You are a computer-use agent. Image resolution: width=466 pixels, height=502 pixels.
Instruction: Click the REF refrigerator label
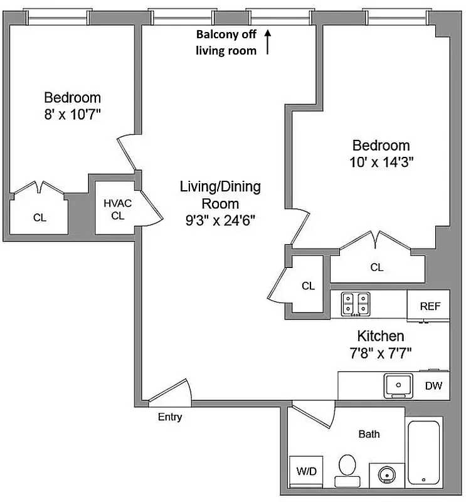tap(430, 306)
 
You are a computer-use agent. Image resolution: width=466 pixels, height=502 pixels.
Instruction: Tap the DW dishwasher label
tap(433, 386)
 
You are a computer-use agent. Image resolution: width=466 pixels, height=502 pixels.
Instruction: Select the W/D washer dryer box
tap(305, 471)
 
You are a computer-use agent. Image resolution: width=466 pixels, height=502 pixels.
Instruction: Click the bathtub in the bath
tap(424, 452)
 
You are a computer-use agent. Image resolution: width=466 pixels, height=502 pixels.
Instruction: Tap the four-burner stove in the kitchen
tap(356, 304)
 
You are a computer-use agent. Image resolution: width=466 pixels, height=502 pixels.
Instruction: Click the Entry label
tap(169, 417)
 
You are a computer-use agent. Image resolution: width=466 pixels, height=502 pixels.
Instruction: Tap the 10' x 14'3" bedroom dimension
tap(381, 161)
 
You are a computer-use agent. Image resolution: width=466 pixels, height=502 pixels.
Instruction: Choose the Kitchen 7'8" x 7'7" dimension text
tap(381, 352)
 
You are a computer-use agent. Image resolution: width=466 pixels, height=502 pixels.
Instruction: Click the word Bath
tap(369, 434)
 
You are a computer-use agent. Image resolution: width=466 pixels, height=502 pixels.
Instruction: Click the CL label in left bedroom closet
tap(40, 218)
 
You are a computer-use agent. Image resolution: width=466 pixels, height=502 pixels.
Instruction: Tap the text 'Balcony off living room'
tap(226, 42)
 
